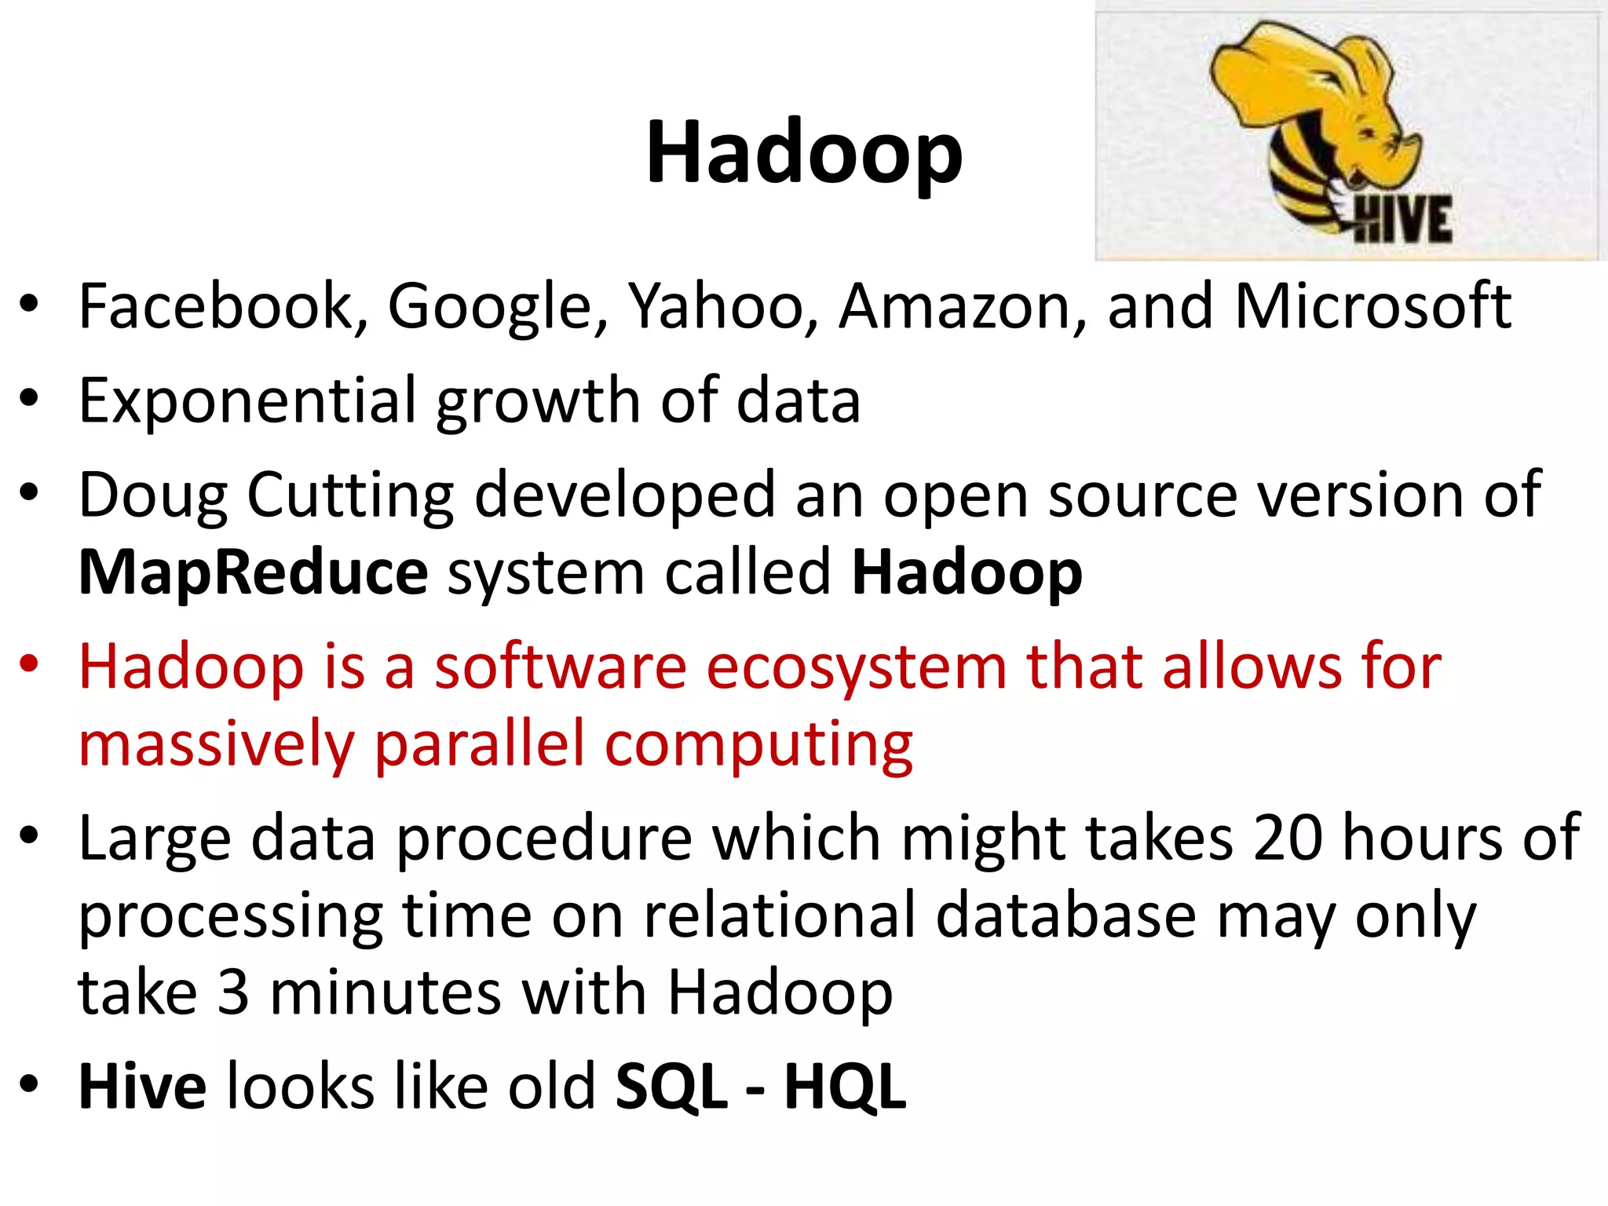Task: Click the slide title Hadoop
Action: pyautogui.click(x=804, y=153)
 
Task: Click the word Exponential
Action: pyautogui.click(x=247, y=401)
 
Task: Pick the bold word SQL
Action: pyautogui.click(x=671, y=1087)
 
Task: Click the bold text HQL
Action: pyautogui.click(x=845, y=1087)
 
